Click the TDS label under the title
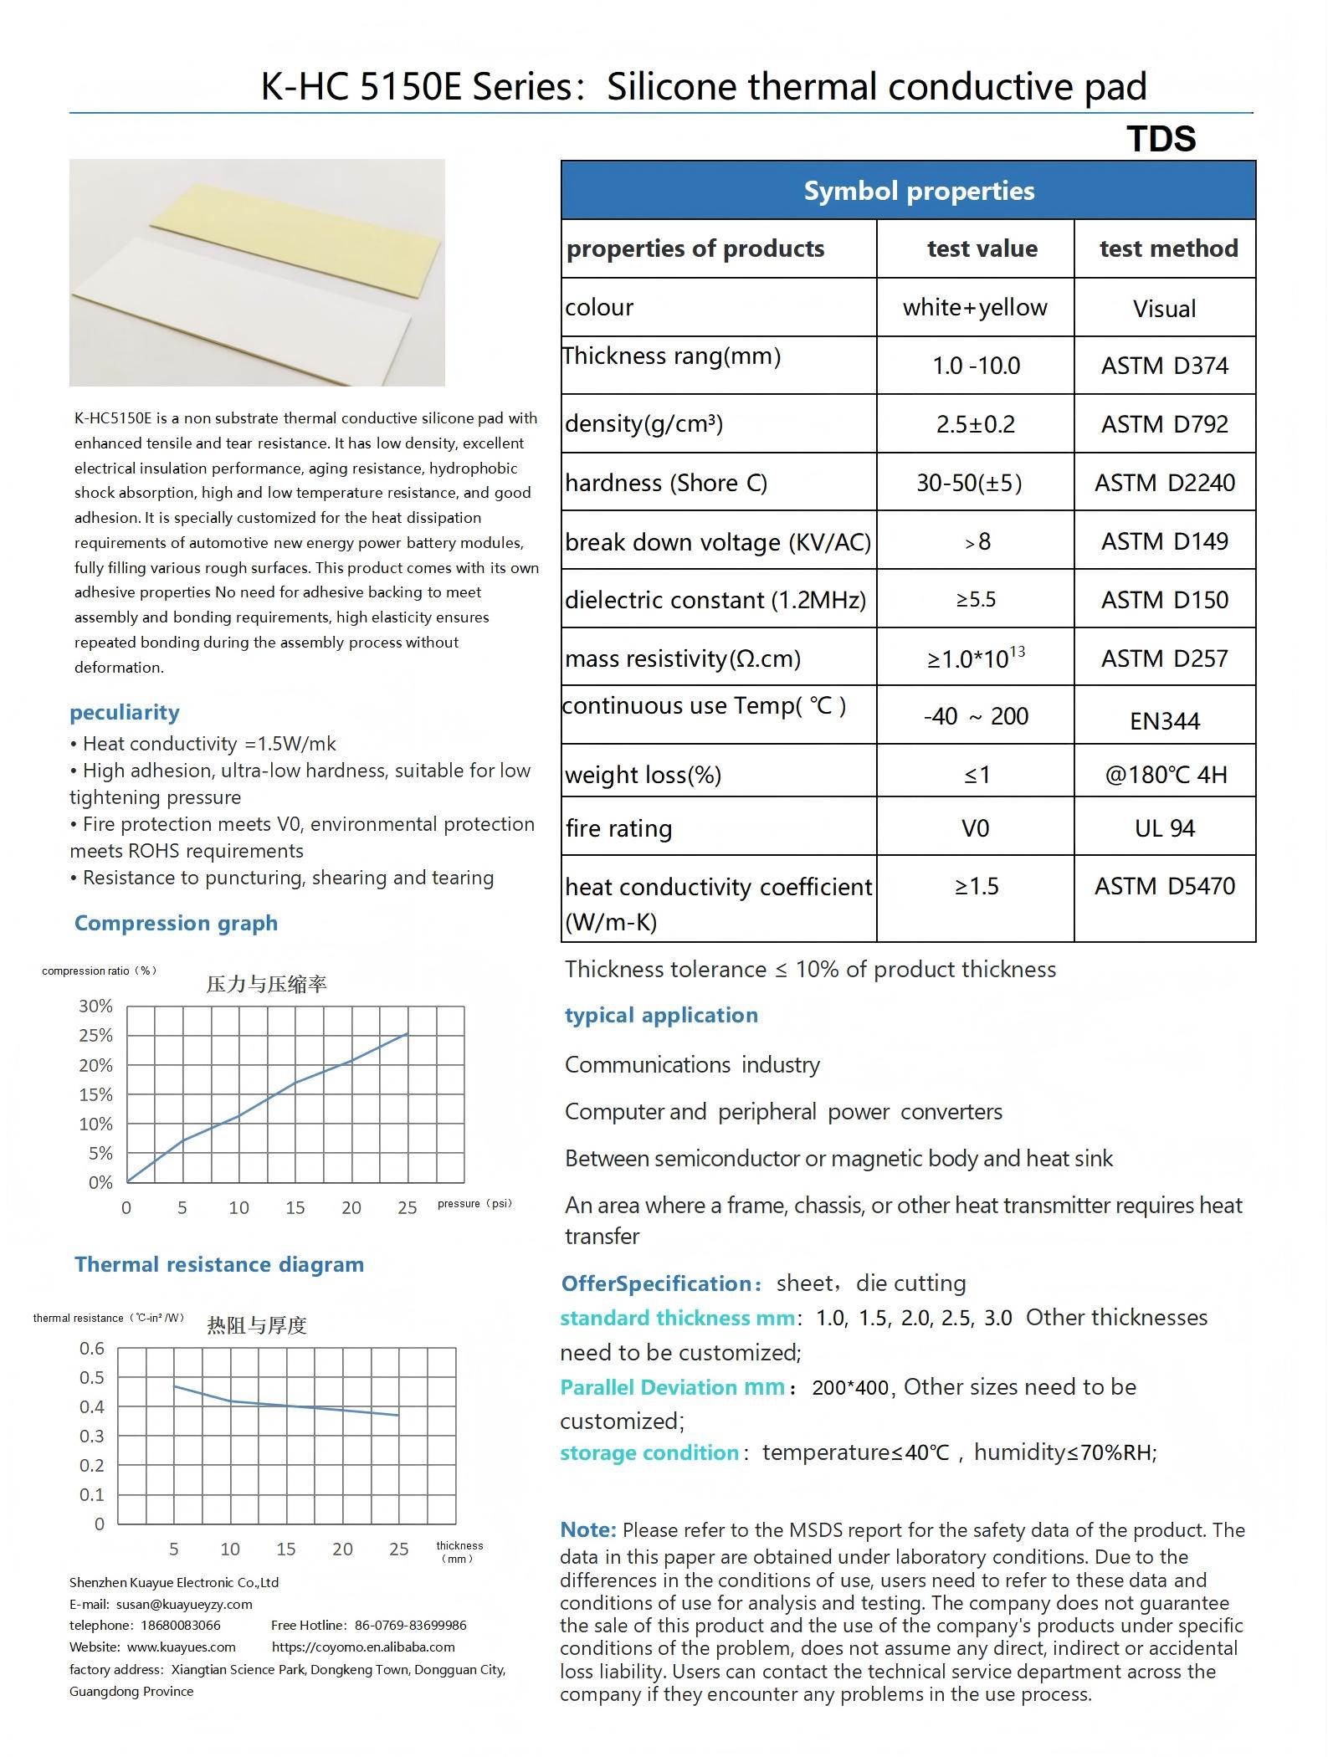1161,139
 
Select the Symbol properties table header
919,191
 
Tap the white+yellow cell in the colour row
975,308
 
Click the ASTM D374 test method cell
1164,366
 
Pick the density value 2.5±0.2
975,424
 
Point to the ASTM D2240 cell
1164,483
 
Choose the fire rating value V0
975,828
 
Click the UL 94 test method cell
1164,828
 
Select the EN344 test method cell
1164,721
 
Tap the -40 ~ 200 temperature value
975,716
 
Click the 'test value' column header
982,248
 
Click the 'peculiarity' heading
125,713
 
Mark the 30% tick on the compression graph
95,1007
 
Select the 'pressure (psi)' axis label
474,1204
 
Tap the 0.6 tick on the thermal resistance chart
92,1349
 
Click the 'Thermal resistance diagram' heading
219,1264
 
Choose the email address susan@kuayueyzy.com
184,1604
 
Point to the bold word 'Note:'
587,1529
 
